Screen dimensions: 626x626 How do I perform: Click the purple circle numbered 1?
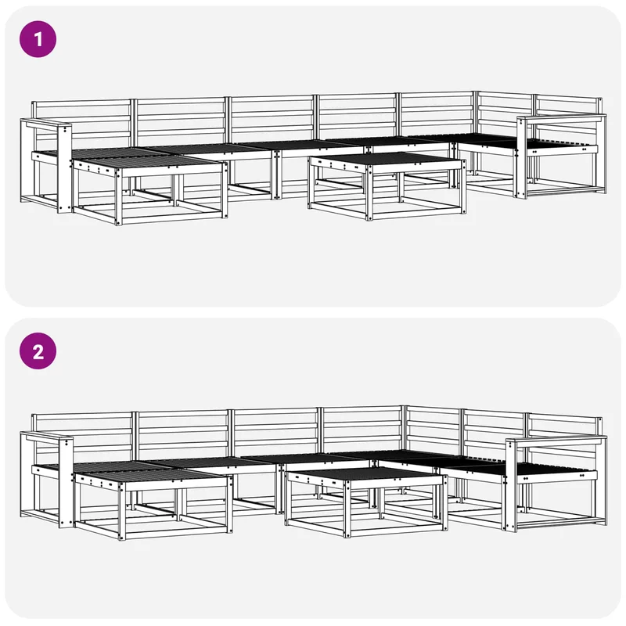coord(38,39)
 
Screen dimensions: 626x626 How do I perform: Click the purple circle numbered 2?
coord(38,351)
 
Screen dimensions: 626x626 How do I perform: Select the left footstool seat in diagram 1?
coord(149,161)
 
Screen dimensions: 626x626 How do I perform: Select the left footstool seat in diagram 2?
coord(151,474)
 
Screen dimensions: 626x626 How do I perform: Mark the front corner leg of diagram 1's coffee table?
coord(369,192)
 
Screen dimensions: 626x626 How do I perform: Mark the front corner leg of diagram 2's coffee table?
coord(347,508)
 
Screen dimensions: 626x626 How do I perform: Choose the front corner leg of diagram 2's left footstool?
coord(121,511)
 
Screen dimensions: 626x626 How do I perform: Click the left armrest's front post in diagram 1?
coord(65,169)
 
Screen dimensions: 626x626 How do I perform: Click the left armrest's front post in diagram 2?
coord(66,484)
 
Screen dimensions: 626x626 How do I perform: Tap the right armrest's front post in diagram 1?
coord(521,158)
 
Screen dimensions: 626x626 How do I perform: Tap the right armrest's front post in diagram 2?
coord(511,485)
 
